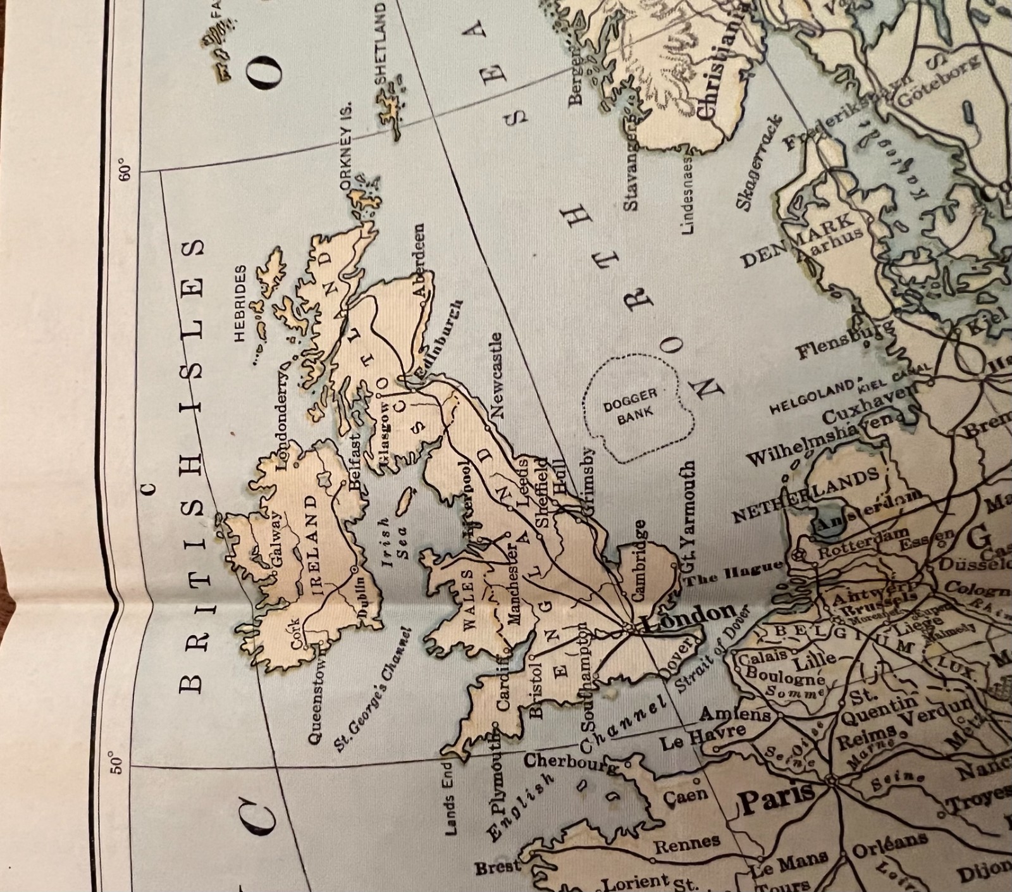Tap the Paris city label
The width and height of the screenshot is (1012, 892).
[777, 800]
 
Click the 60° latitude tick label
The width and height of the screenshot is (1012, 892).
[126, 172]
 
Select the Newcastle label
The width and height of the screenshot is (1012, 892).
[497, 375]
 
